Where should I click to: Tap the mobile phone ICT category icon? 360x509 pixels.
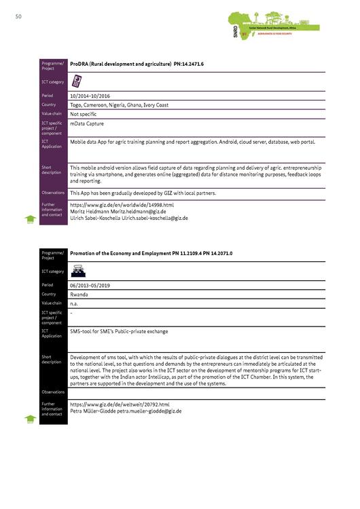coord(77,81)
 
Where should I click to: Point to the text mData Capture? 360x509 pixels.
coord(86,124)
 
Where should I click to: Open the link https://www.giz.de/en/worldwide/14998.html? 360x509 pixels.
coord(122,204)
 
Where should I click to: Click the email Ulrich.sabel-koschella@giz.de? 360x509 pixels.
coord(154,219)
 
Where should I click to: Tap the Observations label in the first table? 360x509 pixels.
coord(52,193)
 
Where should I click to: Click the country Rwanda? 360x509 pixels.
coord(79,295)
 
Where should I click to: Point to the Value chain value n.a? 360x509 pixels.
coord(74,303)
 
